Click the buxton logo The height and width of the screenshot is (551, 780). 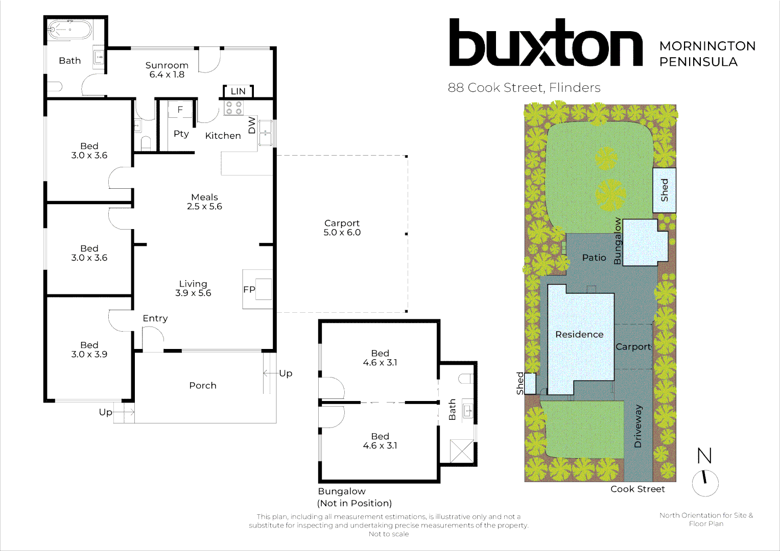pyautogui.click(x=546, y=42)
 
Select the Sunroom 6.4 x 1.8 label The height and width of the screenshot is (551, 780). pyautogui.click(x=167, y=70)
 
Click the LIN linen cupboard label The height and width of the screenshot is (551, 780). pyautogui.click(x=238, y=91)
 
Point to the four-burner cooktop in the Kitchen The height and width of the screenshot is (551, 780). pyautogui.click(x=233, y=108)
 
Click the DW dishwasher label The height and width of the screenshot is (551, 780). pyautogui.click(x=252, y=125)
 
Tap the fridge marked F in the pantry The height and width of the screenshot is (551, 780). pyautogui.click(x=180, y=109)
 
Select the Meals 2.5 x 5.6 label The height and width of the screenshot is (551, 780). pyautogui.click(x=204, y=202)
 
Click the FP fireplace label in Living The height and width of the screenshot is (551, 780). pyautogui.click(x=249, y=289)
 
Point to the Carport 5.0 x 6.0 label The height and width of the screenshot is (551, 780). pyautogui.click(x=342, y=228)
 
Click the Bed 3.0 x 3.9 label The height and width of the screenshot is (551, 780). pyautogui.click(x=89, y=349)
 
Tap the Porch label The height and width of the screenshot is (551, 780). pyautogui.click(x=203, y=385)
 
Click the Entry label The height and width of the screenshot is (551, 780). pyautogui.click(x=155, y=318)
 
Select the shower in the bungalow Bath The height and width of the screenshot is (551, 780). pyautogui.click(x=462, y=451)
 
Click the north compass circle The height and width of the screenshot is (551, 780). pyautogui.click(x=705, y=484)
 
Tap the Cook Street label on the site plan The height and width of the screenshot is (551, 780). pyautogui.click(x=637, y=489)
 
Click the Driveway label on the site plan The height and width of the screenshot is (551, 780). pyautogui.click(x=637, y=426)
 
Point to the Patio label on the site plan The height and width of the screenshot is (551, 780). pyautogui.click(x=594, y=258)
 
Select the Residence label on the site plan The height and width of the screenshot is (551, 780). pyautogui.click(x=579, y=334)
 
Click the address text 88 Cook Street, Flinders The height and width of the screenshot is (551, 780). pyautogui.click(x=524, y=88)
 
